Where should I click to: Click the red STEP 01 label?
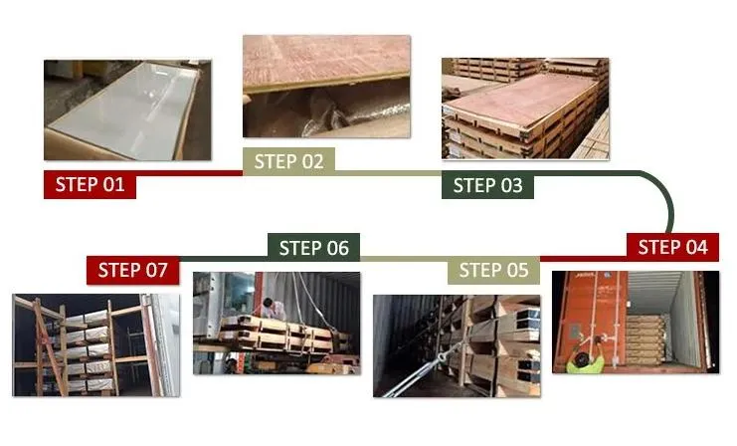pyautogui.click(x=90, y=184)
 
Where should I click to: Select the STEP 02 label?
pyautogui.click(x=288, y=161)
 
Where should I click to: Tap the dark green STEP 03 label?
pyautogui.click(x=487, y=185)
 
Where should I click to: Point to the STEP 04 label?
pyautogui.click(x=672, y=247)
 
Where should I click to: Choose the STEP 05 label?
pyautogui.click(x=493, y=270)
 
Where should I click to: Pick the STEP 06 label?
pyautogui.click(x=313, y=248)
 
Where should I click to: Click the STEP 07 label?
pyautogui.click(x=132, y=270)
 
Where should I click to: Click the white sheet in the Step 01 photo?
pyautogui.click(x=124, y=111)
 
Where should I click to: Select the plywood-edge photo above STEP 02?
pyautogui.click(x=326, y=86)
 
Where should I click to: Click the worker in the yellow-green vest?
pyautogui.click(x=585, y=356)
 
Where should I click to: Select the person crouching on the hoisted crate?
pyautogui.click(x=272, y=309)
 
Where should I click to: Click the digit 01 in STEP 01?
pyautogui.click(x=113, y=184)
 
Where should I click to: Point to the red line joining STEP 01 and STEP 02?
pyautogui.click(x=189, y=173)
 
